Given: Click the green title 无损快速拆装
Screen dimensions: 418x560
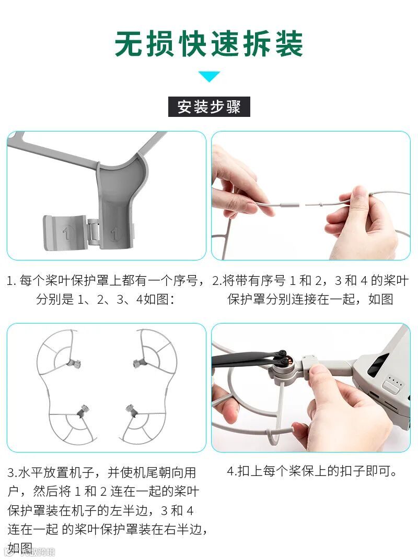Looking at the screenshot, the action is (x=209, y=43).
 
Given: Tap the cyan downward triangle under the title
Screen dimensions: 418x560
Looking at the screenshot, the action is (x=209, y=76).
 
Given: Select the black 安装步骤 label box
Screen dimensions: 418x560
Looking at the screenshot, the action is (x=209, y=106).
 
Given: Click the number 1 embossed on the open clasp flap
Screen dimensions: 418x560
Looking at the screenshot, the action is (x=66, y=233).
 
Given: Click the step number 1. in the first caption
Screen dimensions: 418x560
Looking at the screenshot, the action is (x=12, y=281).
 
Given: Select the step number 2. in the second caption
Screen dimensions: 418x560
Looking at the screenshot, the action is (x=217, y=281).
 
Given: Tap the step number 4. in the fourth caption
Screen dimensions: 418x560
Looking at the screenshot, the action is (x=232, y=471).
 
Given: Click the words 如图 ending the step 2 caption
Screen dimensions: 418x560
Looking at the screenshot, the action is (x=381, y=299).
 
